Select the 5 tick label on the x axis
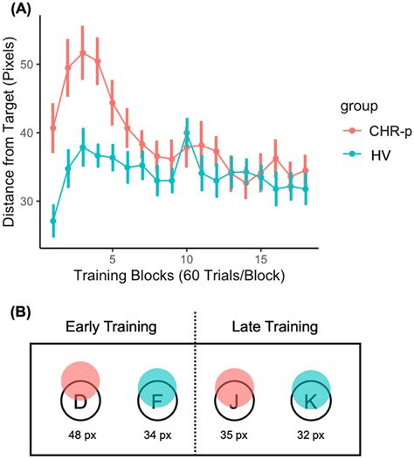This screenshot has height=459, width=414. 112,259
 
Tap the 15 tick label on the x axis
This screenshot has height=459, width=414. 260,259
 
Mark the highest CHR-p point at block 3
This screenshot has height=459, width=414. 83,52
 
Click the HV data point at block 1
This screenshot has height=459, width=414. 53,221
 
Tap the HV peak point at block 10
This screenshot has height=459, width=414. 187,133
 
